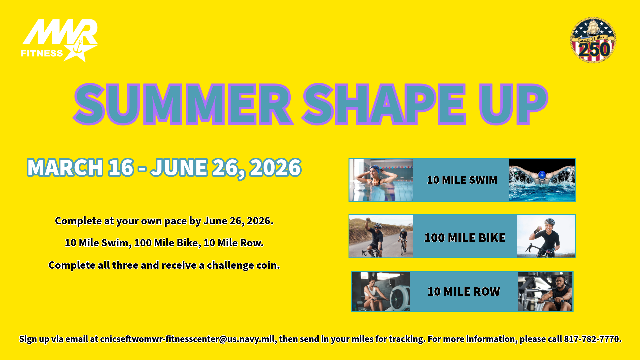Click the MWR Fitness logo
[x=59, y=40]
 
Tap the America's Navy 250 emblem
[x=593, y=40]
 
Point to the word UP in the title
[x=513, y=104]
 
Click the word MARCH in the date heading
[x=65, y=167]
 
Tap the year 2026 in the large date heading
[x=275, y=167]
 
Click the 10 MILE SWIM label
[x=462, y=180]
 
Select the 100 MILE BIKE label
[x=465, y=238]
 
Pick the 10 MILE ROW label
[x=464, y=292]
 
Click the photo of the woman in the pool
[x=381, y=180]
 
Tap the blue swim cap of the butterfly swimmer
[x=542, y=175]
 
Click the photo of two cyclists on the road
[x=381, y=236]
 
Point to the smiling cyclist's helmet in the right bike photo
[x=549, y=221]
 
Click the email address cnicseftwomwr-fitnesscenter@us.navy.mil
[x=187, y=339]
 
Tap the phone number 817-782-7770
[x=592, y=339]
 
